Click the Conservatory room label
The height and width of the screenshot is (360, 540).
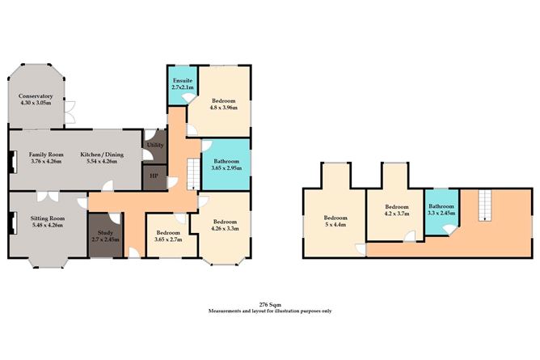(36, 96)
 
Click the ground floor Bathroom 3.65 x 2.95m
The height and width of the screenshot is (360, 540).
(226, 165)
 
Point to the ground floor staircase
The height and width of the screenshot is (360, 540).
(193, 172)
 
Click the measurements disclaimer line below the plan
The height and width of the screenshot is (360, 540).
(269, 311)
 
